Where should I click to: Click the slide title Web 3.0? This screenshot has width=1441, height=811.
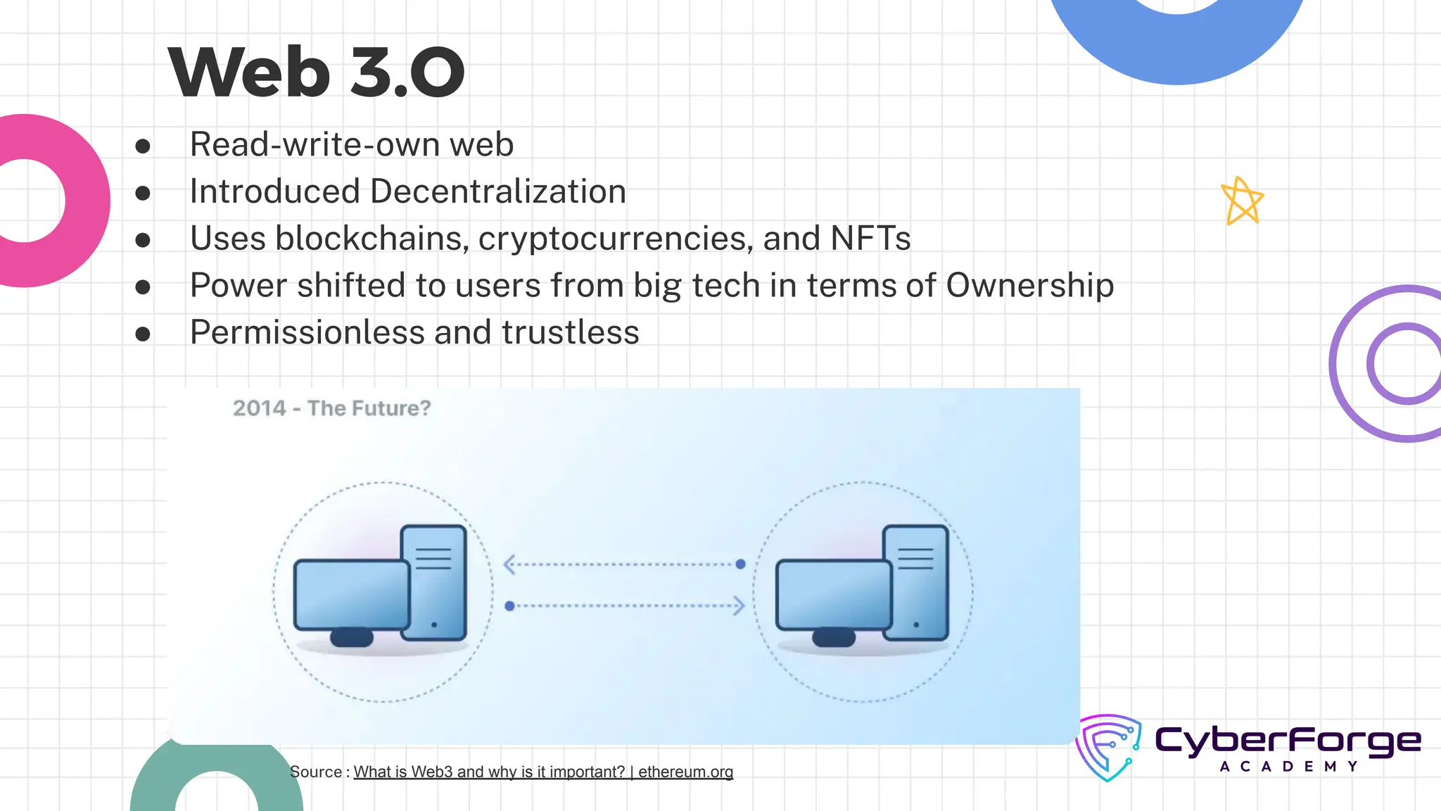tap(316, 72)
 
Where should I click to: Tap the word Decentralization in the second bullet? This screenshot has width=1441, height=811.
tap(498, 191)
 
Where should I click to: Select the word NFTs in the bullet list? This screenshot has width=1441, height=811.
tap(870, 239)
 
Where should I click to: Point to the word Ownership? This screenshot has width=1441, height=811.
tap(1029, 286)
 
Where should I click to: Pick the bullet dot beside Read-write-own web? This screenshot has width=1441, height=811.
tap(143, 146)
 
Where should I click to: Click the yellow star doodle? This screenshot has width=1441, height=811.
tap(1242, 201)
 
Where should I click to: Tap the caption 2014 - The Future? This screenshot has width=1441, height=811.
tap(331, 408)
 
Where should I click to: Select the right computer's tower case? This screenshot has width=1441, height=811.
tap(916, 582)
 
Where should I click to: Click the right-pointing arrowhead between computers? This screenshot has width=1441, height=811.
tap(738, 605)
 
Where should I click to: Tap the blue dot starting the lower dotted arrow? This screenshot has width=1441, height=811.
tap(509, 606)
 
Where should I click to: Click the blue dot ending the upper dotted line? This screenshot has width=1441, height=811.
tap(740, 564)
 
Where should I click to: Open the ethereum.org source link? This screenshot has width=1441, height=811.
tap(542, 772)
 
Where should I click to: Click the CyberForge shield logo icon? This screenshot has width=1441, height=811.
tap(1108, 747)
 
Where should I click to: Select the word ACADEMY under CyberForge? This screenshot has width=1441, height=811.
tap(1288, 767)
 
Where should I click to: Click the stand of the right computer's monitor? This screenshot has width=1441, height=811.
tap(833, 638)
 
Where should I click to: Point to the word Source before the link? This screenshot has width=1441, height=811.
tap(316, 772)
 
